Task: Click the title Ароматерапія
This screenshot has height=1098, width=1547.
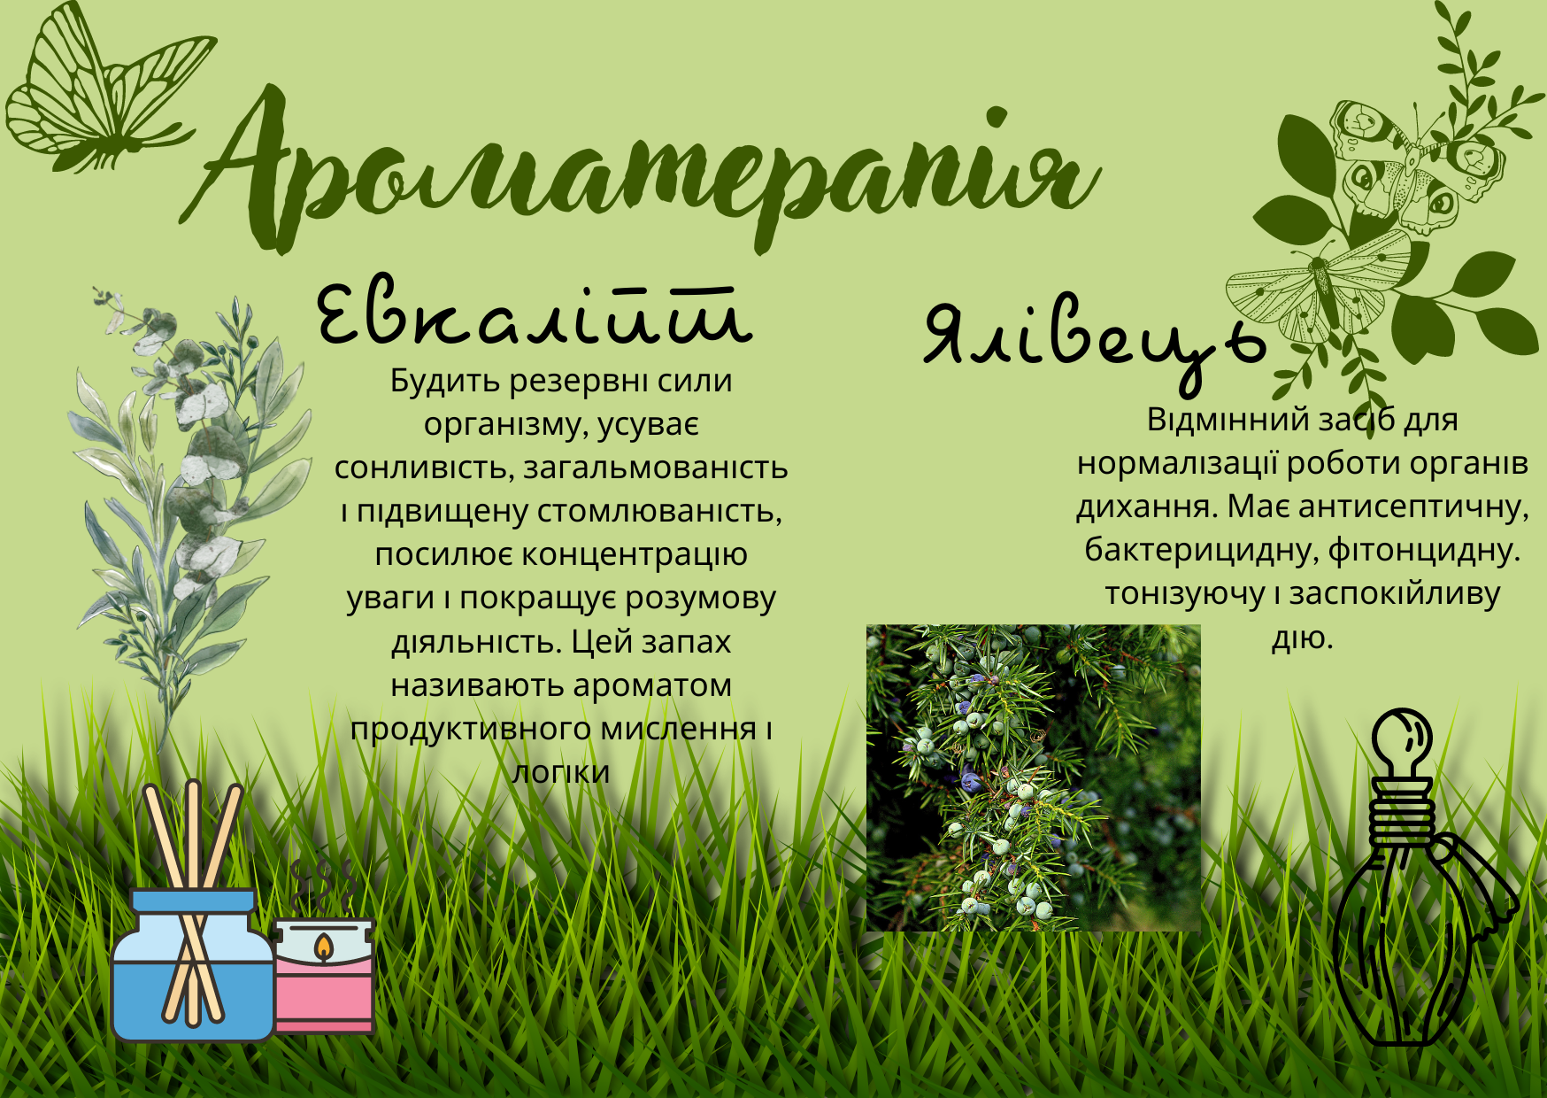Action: [x=642, y=168]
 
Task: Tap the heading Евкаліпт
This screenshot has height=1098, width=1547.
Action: [x=535, y=314]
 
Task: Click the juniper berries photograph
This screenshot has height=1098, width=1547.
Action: [x=1033, y=777]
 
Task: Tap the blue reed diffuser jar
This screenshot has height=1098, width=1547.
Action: [x=192, y=965]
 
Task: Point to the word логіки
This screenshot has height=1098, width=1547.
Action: [x=561, y=771]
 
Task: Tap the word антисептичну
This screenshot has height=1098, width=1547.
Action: [x=1414, y=507]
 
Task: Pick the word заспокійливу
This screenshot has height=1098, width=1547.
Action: [x=1395, y=594]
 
